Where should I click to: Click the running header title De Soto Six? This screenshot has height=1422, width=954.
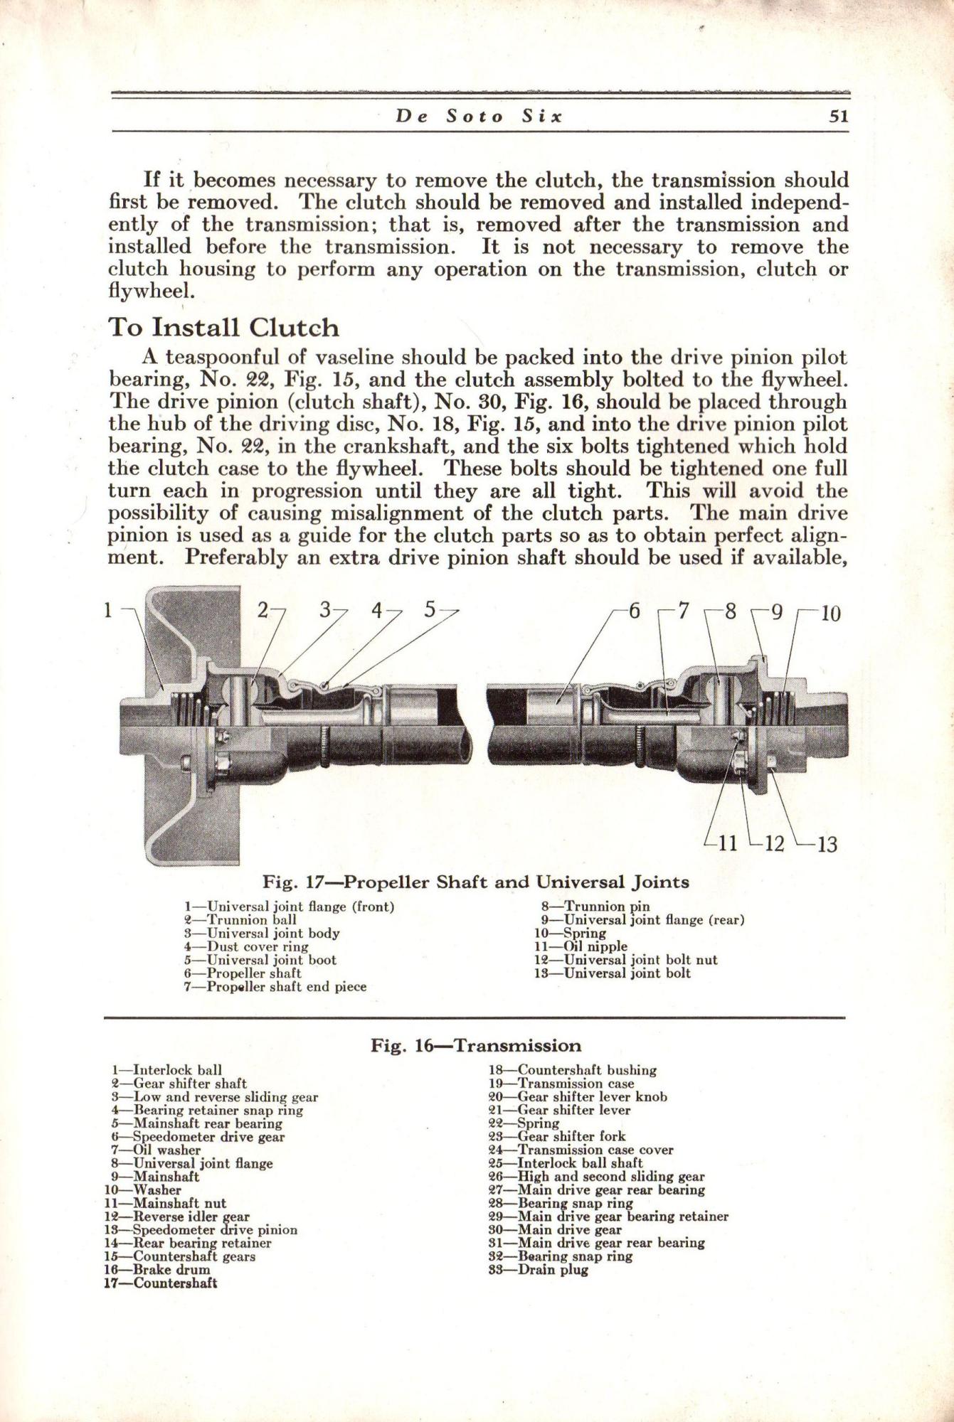pyautogui.click(x=479, y=117)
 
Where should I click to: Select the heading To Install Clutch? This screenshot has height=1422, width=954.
pyautogui.click(x=223, y=328)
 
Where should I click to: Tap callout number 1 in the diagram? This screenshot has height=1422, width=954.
pyautogui.click(x=108, y=609)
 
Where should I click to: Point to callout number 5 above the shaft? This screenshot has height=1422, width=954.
pyautogui.click(x=430, y=609)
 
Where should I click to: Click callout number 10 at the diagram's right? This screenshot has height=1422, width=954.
pyautogui.click(x=830, y=613)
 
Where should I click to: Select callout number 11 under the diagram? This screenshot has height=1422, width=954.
pyautogui.click(x=728, y=844)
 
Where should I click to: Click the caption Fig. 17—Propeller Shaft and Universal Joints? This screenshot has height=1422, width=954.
pyautogui.click(x=476, y=882)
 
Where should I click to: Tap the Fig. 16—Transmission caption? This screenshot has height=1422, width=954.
pyautogui.click(x=476, y=1046)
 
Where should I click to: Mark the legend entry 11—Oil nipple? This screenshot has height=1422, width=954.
pyautogui.click(x=581, y=946)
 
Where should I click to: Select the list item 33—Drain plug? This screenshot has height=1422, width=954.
pyautogui.click(x=539, y=1270)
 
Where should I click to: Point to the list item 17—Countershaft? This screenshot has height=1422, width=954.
pyautogui.click(x=161, y=1283)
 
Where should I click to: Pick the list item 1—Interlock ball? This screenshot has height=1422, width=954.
pyautogui.click(x=167, y=1069)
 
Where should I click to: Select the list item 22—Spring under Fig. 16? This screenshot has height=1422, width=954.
pyautogui.click(x=524, y=1123)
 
